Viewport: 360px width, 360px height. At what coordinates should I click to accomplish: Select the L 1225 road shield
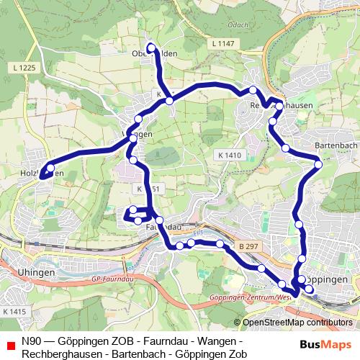pos(24,68)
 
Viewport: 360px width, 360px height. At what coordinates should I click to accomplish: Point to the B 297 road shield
pos(248,247)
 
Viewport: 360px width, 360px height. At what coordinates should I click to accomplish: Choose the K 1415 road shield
pos(14,312)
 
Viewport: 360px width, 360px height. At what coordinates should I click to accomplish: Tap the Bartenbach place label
pos(333,145)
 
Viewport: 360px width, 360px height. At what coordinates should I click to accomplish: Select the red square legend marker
pos(8,342)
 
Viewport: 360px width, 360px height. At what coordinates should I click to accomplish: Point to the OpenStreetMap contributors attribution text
pos(297,323)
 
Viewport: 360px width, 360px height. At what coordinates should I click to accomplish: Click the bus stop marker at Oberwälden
pos(151,48)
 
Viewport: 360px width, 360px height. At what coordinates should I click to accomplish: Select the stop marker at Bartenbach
pos(318,164)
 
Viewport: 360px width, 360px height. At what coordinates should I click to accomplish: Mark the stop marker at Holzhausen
pos(50,168)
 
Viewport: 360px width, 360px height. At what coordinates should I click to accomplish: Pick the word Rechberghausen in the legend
pos(58,354)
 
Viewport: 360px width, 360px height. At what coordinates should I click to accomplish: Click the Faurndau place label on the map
pos(163,227)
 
